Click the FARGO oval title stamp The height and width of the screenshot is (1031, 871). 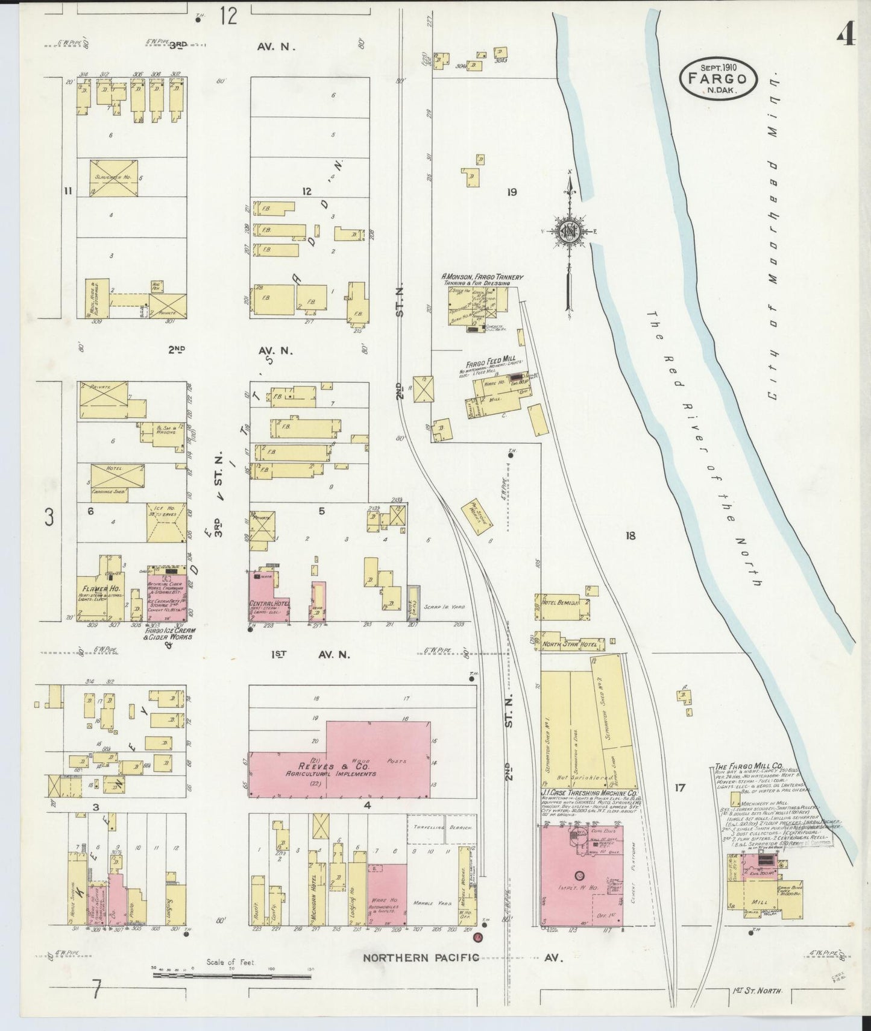(x=716, y=78)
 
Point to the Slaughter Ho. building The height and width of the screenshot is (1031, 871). (x=114, y=178)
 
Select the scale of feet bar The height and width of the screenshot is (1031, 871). (x=232, y=974)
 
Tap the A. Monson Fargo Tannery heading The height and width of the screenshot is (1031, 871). (x=482, y=277)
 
